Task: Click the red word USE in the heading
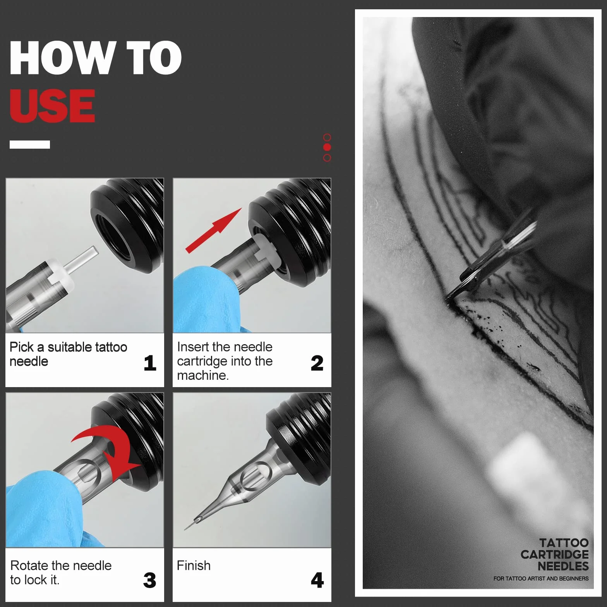pyautogui.click(x=52, y=105)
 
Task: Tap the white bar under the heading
pyautogui.click(x=30, y=144)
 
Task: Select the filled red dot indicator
pyautogui.click(x=327, y=147)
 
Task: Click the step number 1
pyautogui.click(x=150, y=363)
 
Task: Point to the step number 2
pyautogui.click(x=317, y=363)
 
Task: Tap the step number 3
pyautogui.click(x=150, y=580)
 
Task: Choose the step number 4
pyautogui.click(x=317, y=580)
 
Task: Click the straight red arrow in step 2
pyautogui.click(x=214, y=231)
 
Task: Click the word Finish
pyautogui.click(x=194, y=566)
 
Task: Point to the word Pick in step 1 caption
pyautogui.click(x=22, y=347)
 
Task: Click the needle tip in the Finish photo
pyautogui.click(x=185, y=529)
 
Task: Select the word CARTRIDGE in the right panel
pyautogui.click(x=554, y=554)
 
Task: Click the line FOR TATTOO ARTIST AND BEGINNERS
pyautogui.click(x=541, y=578)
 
